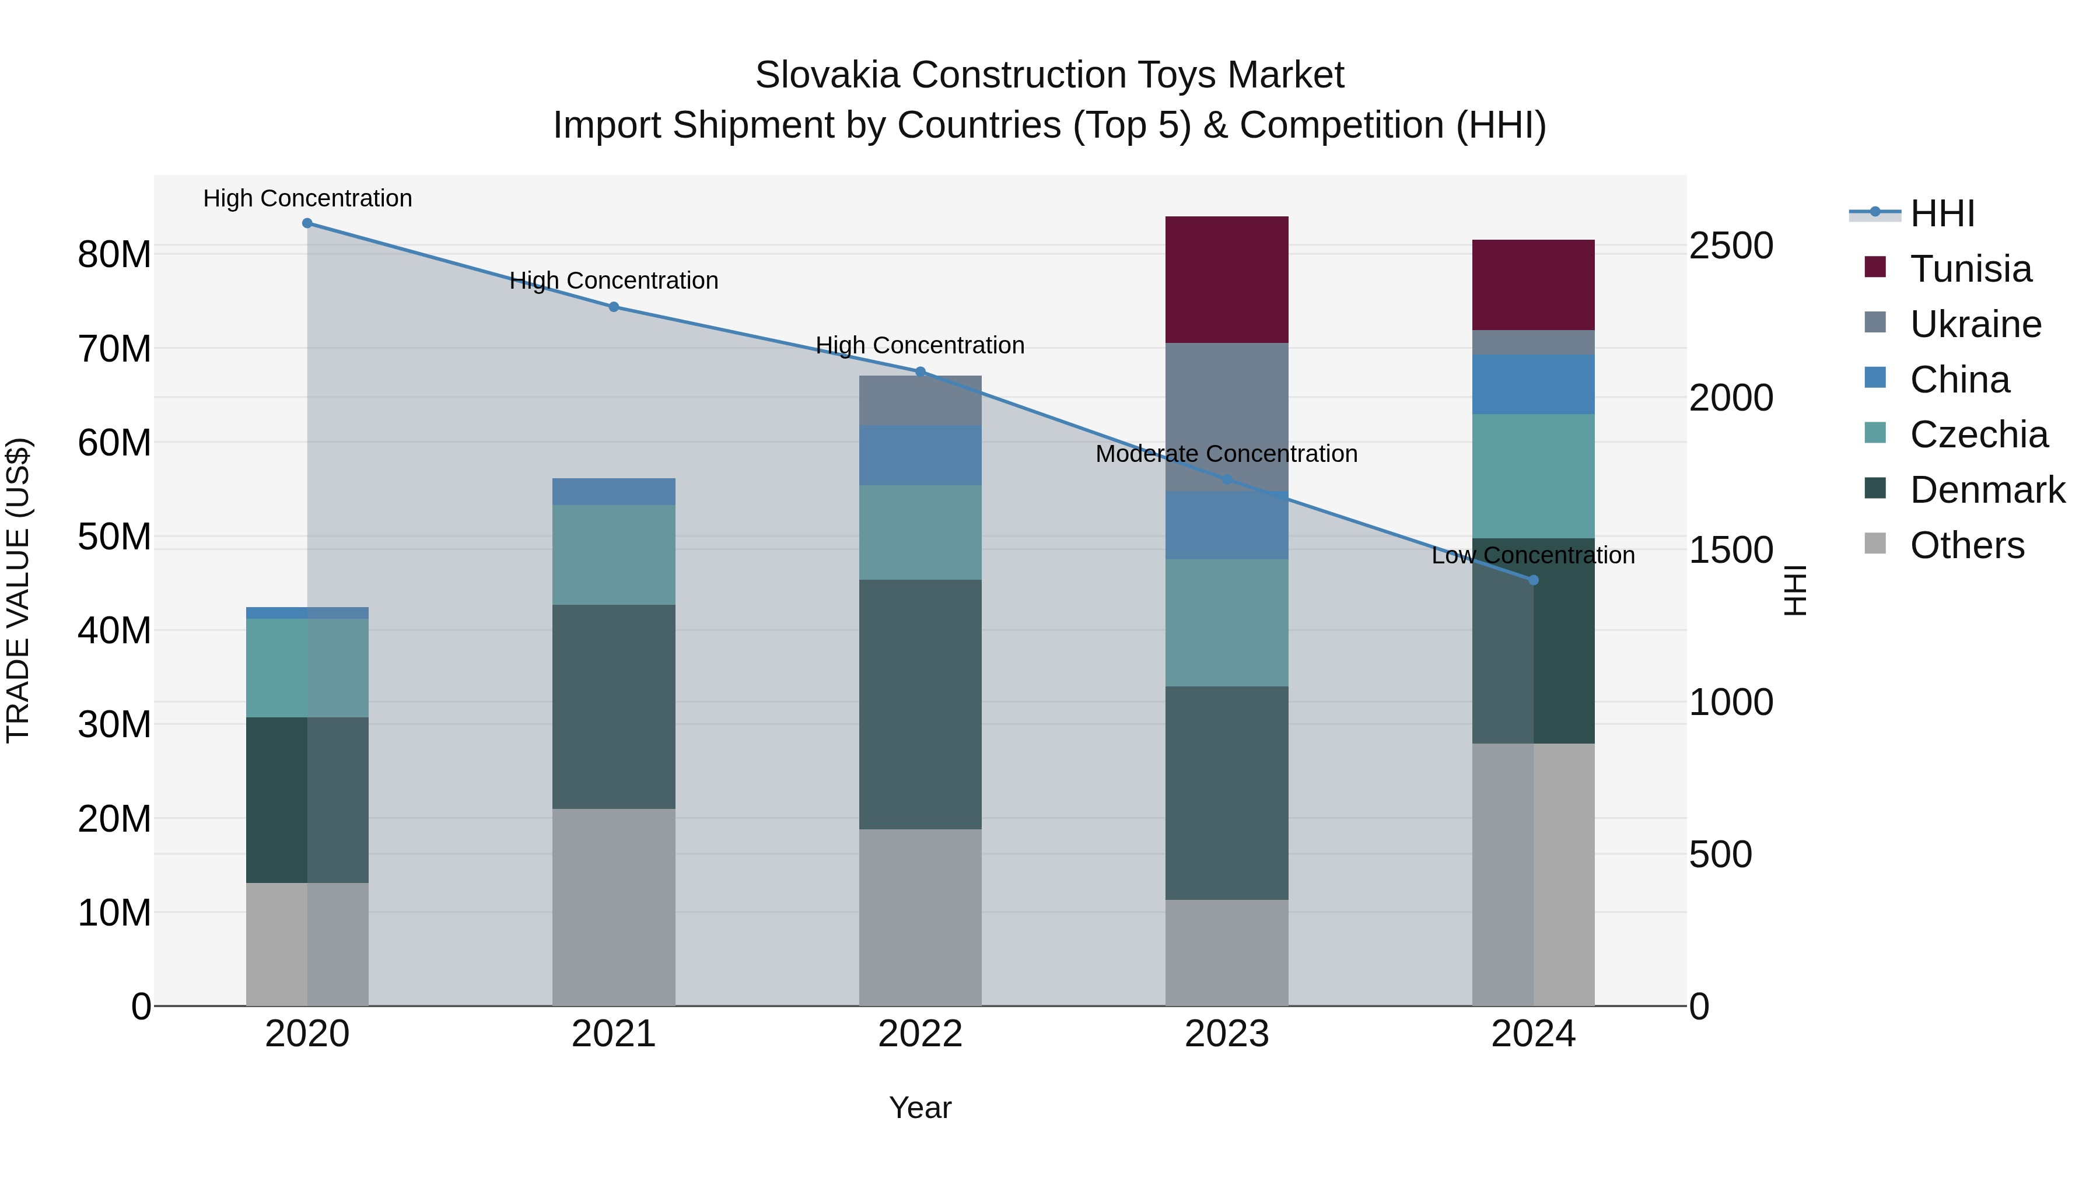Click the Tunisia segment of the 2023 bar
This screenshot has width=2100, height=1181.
(x=1226, y=279)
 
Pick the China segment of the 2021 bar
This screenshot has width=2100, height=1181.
(x=613, y=492)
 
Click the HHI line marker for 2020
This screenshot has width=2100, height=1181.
(x=307, y=223)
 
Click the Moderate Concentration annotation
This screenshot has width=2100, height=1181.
(x=1226, y=454)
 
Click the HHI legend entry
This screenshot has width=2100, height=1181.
(x=1942, y=213)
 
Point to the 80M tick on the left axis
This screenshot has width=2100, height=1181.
(x=114, y=254)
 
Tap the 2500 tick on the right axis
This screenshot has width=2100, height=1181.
(x=1730, y=246)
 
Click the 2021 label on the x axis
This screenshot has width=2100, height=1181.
(x=613, y=1034)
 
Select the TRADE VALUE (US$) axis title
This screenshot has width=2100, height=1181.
(x=18, y=590)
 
